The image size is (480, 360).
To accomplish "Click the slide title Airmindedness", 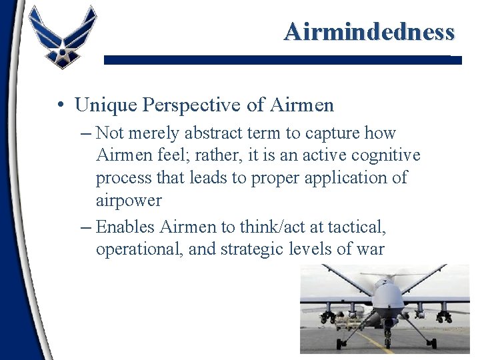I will pos(369,31).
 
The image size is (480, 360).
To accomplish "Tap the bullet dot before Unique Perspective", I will pos(60,105).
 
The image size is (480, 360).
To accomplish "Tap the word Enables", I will pos(126,227).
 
